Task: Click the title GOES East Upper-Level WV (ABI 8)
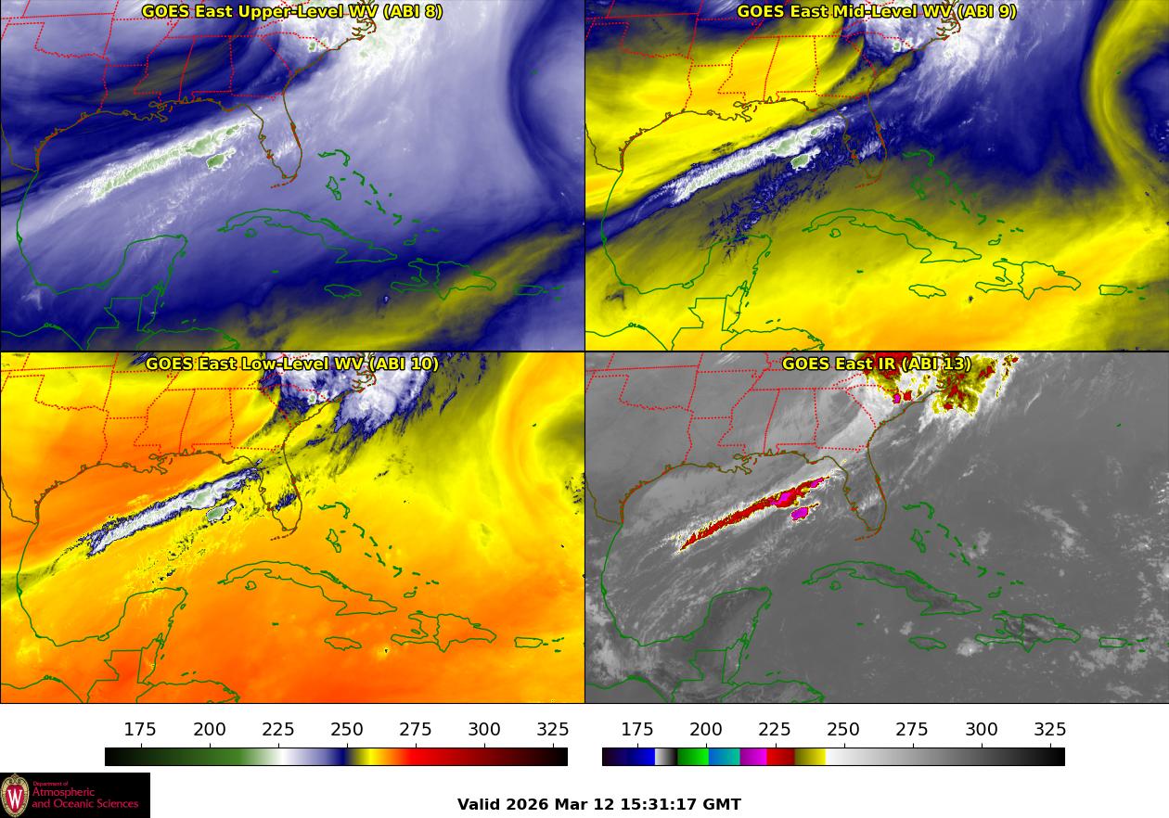[292, 11]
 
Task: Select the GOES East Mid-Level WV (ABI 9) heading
[876, 11]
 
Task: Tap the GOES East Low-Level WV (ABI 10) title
[292, 364]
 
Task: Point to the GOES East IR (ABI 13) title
[876, 364]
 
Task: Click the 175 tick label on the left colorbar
[140, 729]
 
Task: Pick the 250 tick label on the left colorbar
[347, 729]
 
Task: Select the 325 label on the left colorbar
[553, 729]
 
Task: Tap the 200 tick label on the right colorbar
[706, 729]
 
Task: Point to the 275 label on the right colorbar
[912, 729]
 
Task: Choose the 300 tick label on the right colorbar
[982, 729]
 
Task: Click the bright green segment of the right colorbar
[692, 757]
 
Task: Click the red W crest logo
[15, 796]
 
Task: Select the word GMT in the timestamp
[724, 804]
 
